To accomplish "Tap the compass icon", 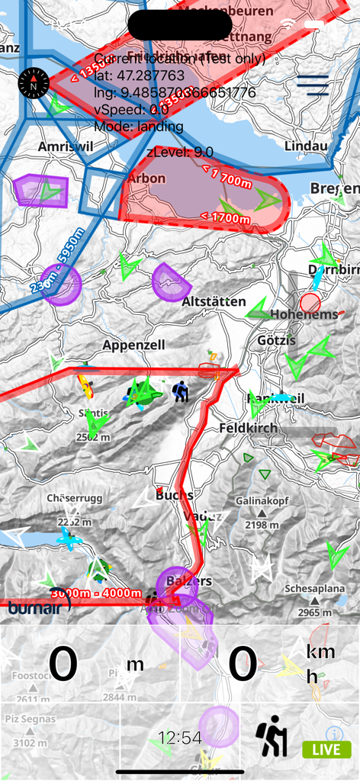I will coord(34,83).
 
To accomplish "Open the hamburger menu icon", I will coord(313,85).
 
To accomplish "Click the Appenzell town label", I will coord(133,346).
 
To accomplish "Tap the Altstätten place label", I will coord(214,302).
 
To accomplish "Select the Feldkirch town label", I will coord(249,428).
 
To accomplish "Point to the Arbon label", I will coord(146,178).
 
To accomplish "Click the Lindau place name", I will coord(306,146).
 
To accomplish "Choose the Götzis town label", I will coord(277,340).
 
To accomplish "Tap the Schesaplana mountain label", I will coord(314,589).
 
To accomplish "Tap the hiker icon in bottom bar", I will coord(272,737).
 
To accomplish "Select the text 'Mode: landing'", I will coord(138,126).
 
